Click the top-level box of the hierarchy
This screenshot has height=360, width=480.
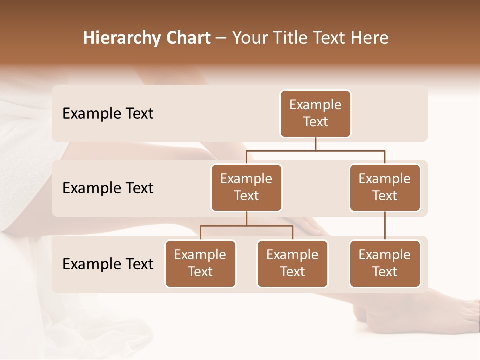click(315, 114)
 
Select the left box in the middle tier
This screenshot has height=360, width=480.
click(246, 188)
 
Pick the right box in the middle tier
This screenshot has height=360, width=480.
click(385, 188)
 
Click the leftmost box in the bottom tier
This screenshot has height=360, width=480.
click(200, 264)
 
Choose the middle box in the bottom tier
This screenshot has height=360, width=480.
click(292, 264)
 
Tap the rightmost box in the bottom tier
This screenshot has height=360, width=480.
click(385, 264)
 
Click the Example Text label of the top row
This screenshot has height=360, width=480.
click(108, 114)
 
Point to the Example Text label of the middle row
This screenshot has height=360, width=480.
click(108, 188)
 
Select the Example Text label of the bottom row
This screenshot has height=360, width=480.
click(108, 264)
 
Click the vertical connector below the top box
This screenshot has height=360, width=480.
click(315, 144)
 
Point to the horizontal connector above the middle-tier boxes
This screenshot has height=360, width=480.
click(315, 150)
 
